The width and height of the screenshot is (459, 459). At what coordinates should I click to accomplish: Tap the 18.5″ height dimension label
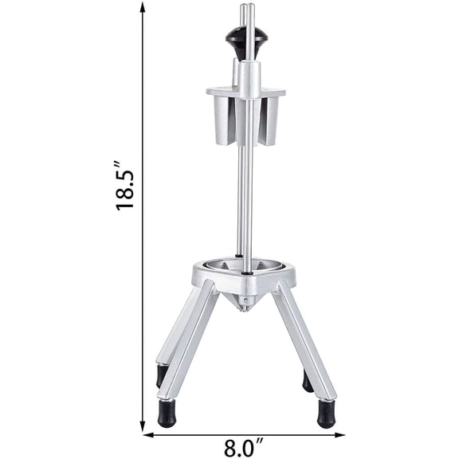point(124,186)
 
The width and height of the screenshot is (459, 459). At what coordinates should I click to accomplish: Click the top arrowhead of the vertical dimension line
point(143,7)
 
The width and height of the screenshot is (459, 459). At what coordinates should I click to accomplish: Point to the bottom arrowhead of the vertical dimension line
point(143,426)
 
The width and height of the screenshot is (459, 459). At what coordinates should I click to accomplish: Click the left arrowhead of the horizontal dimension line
point(148,435)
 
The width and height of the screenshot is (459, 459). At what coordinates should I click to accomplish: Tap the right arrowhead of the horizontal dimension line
point(339,435)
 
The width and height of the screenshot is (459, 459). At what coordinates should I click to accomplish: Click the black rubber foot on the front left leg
point(167,414)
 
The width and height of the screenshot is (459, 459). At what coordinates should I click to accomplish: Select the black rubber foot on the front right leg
point(326,414)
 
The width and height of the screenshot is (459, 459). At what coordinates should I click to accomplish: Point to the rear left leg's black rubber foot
point(162,375)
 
